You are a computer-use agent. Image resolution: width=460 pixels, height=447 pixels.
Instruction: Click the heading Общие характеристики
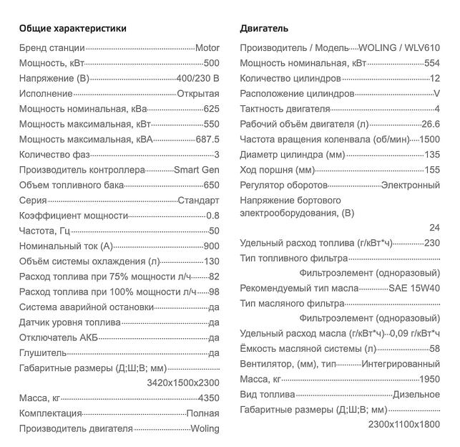(x=72, y=29)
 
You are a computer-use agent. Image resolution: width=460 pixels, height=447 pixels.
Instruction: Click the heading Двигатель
(x=264, y=29)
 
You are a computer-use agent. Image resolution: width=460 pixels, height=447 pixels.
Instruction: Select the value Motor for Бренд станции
(x=207, y=48)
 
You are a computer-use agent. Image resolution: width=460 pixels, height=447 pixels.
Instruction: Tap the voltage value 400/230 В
(x=197, y=78)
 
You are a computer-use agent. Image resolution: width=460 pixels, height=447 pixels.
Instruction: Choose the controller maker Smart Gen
(x=197, y=170)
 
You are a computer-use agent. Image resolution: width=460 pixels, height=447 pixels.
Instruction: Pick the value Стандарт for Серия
(x=198, y=201)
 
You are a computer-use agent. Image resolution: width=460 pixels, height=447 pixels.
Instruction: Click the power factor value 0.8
(x=212, y=216)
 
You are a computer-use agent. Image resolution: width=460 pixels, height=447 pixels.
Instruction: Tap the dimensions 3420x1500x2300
(x=183, y=383)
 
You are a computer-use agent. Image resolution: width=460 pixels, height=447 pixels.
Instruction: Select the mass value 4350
(x=208, y=398)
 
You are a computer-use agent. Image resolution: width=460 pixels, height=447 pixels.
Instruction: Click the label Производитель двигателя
(x=76, y=428)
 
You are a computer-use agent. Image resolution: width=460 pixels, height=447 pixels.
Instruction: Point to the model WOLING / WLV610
(x=396, y=48)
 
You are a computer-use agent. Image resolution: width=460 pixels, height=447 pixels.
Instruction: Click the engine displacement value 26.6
(x=431, y=124)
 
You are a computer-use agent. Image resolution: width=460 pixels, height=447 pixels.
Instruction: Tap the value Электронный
(x=410, y=186)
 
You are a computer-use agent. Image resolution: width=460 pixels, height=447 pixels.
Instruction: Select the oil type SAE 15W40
(x=414, y=288)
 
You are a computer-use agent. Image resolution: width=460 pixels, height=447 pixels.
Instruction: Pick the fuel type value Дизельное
(x=416, y=395)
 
